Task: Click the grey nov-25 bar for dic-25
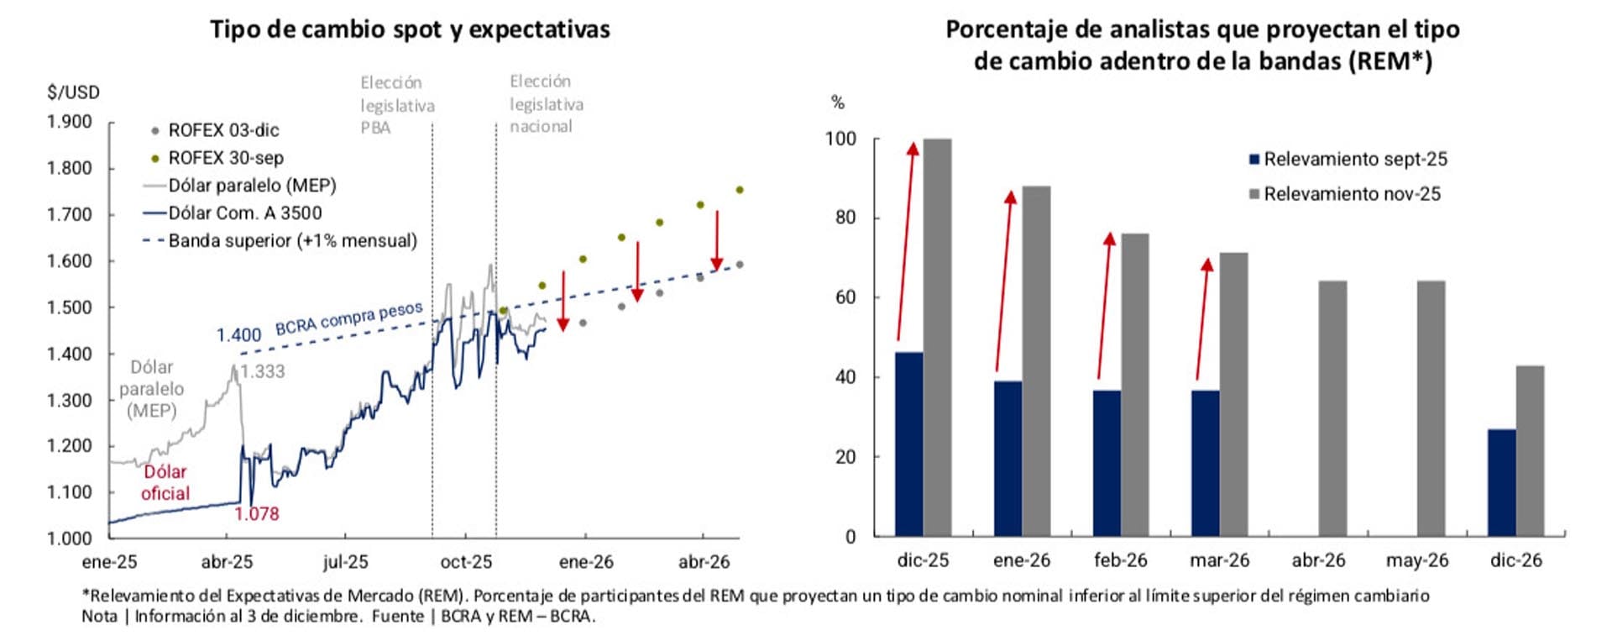(937, 336)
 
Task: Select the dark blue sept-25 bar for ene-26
(1007, 458)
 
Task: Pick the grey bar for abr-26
(1332, 408)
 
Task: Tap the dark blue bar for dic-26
(1501, 482)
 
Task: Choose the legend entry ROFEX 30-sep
(225, 158)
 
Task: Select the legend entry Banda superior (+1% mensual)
(291, 240)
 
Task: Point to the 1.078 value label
(256, 514)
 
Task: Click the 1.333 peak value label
(263, 371)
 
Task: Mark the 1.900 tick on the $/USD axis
(70, 122)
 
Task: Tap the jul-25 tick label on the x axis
(345, 562)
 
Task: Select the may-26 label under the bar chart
(1417, 560)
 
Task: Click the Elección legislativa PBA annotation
(396, 105)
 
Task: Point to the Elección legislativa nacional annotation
(546, 103)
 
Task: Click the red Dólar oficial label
(165, 482)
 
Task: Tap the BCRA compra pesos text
(348, 318)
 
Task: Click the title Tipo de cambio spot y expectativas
(410, 29)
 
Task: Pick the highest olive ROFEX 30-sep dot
(740, 190)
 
